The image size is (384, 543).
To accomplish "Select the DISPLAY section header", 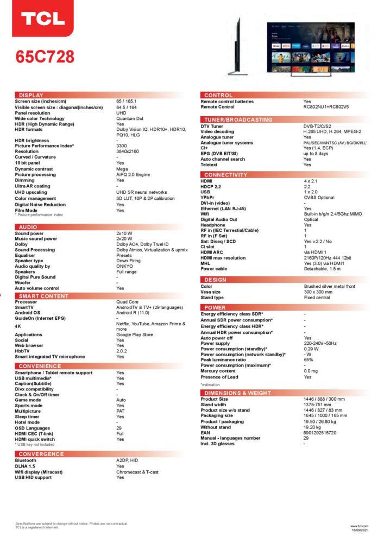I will point(31,95).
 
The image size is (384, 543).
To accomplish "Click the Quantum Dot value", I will point(130,118).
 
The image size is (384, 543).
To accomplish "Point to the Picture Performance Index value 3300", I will point(122,146).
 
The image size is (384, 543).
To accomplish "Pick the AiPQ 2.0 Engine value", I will point(133,175).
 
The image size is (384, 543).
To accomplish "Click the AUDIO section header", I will point(28,226).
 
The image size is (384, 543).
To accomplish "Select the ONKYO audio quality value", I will point(124,266).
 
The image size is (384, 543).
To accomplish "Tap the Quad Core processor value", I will point(127,302).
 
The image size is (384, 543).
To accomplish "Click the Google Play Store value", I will point(135,335).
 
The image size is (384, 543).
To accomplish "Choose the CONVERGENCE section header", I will point(41,454).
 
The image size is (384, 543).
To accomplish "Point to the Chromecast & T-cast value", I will point(137,472).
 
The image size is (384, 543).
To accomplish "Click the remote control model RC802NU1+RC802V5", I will point(326,107).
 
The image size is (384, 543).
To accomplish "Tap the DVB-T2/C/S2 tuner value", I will point(318,127).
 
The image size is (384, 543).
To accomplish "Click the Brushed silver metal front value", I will point(330,286).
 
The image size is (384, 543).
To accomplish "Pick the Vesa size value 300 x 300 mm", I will point(319,292).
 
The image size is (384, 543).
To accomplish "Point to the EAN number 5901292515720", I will point(320,432).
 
